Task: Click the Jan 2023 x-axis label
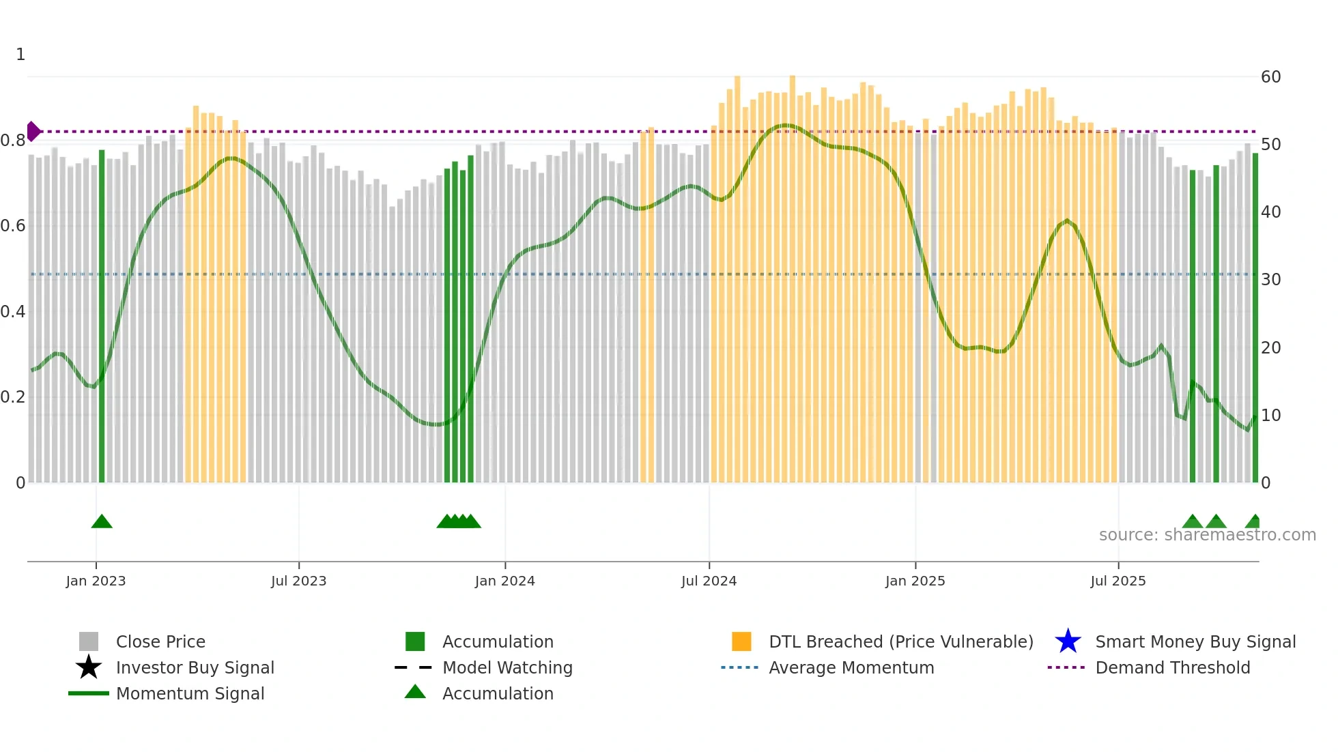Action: pos(96,581)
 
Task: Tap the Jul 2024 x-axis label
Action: pos(709,581)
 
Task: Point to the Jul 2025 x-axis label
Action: pos(1118,581)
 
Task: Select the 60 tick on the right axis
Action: pos(1270,76)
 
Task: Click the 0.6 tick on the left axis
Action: pos(13,226)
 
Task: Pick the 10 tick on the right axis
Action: pos(1270,415)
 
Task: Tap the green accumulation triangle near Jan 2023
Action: pos(102,522)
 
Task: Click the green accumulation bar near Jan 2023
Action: pos(102,314)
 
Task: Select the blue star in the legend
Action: pos(1068,641)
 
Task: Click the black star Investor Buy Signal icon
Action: pos(89,667)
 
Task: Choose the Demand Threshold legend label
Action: pos(1172,667)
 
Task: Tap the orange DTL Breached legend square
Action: pos(741,641)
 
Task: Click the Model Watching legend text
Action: pos(507,667)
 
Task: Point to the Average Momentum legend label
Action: pos(851,667)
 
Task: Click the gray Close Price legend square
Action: pos(89,641)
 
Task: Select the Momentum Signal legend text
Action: pos(190,693)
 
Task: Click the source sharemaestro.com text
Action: pos(1207,535)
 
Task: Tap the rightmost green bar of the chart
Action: pos(1255,317)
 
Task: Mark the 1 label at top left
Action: pos(20,55)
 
